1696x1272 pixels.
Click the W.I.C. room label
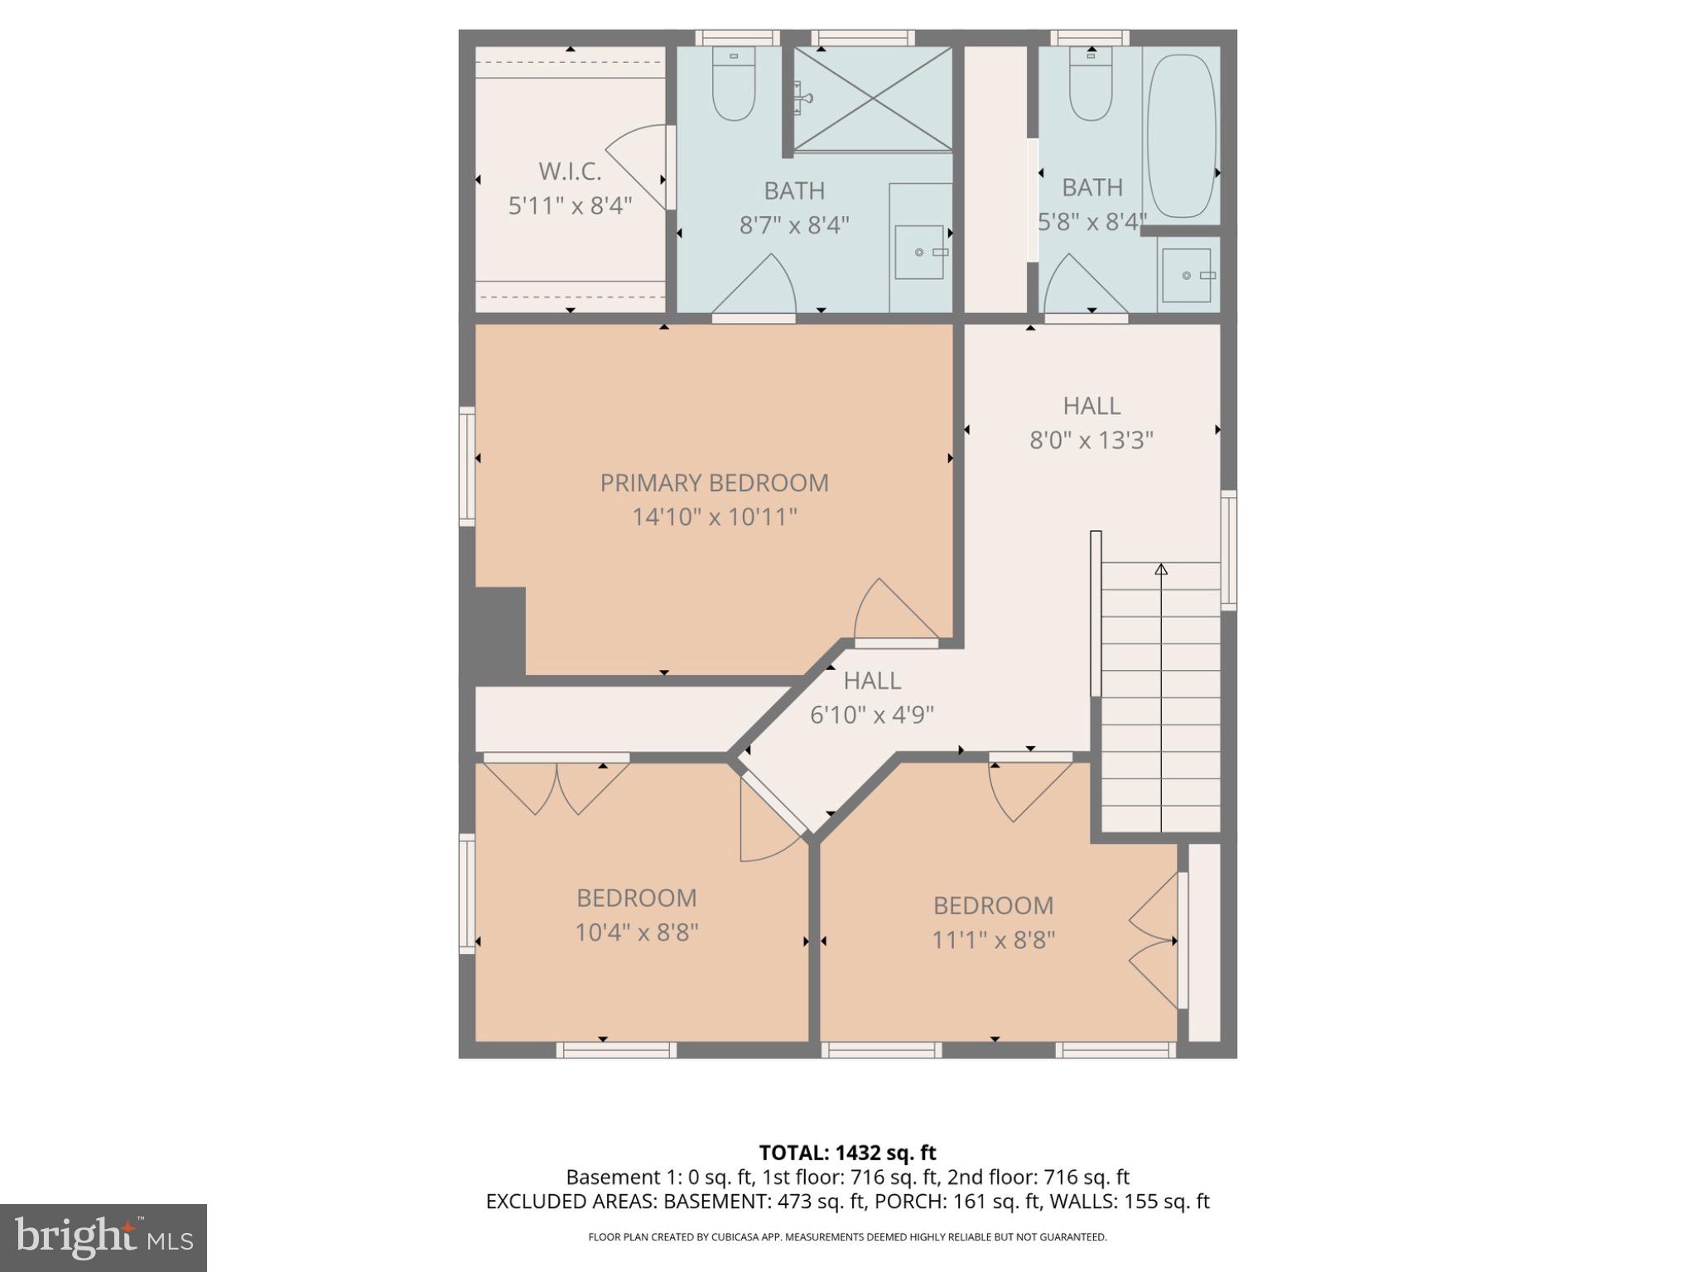(570, 171)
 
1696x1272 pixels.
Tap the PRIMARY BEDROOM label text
(714, 483)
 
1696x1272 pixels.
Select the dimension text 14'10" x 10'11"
(714, 518)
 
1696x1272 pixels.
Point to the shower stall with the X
(873, 99)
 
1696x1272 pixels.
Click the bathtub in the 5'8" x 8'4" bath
(1181, 126)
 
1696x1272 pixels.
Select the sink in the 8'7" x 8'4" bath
(919, 252)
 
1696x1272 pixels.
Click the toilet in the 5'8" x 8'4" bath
(1091, 84)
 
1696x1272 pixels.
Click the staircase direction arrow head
(1161, 570)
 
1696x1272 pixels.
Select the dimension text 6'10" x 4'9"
(871, 715)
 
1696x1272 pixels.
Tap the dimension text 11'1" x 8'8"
(993, 941)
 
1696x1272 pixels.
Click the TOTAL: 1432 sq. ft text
(847, 1153)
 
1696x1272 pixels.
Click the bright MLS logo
(104, 1237)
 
